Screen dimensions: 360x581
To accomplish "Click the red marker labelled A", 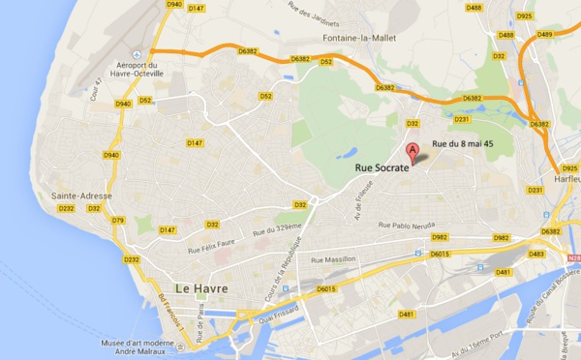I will (x=413, y=152).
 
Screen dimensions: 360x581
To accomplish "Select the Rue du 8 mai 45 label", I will (x=464, y=143).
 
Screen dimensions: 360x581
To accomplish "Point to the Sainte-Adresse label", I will (x=81, y=195).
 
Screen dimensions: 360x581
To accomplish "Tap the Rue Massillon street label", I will (x=334, y=260).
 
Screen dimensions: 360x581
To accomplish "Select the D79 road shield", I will (x=118, y=221).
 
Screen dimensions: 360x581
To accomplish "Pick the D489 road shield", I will (x=543, y=34).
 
